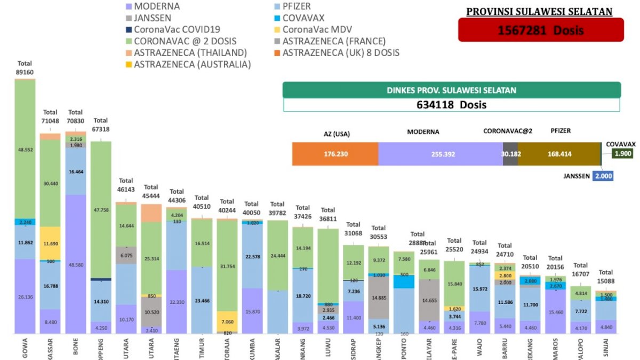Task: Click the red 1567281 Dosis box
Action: pos(540,30)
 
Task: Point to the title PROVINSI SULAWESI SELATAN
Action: pos(539,11)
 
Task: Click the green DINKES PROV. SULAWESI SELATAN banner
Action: pos(451,90)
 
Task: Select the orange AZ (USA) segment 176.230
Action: pos(335,154)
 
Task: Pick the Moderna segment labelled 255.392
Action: pos(440,154)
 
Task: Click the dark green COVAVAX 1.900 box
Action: pos(622,154)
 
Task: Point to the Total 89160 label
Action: pos(25,68)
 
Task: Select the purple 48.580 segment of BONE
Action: pos(75,264)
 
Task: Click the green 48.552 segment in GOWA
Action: pos(25,149)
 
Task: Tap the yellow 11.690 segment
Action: pos(50,243)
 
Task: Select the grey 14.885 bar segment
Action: pos(379,298)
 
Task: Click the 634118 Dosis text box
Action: pos(451,105)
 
